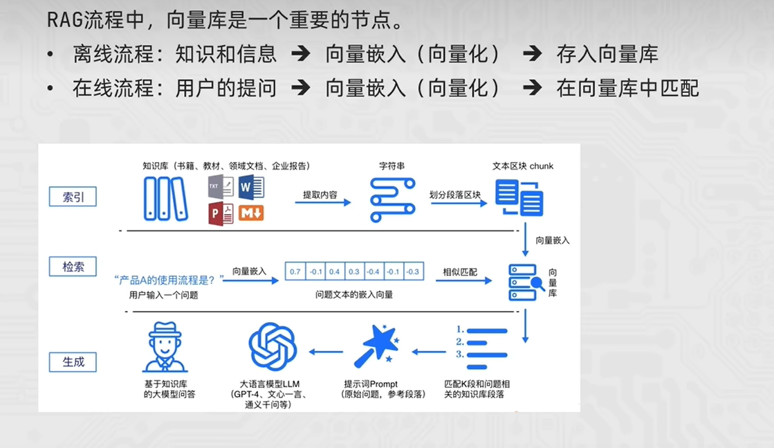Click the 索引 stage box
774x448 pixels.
[x=73, y=197]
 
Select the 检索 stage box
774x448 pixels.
[x=73, y=266]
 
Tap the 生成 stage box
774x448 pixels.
[x=73, y=361]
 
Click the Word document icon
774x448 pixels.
[x=251, y=187]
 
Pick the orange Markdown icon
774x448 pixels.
[x=251, y=213]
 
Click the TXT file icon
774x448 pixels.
[x=221, y=187]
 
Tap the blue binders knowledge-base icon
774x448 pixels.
[x=165, y=199]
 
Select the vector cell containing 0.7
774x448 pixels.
[x=295, y=271]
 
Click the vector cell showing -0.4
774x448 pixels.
[x=373, y=271]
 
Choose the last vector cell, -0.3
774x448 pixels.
[x=413, y=271]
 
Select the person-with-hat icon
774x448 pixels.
[x=165, y=348]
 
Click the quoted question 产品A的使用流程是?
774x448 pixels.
[x=169, y=279]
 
